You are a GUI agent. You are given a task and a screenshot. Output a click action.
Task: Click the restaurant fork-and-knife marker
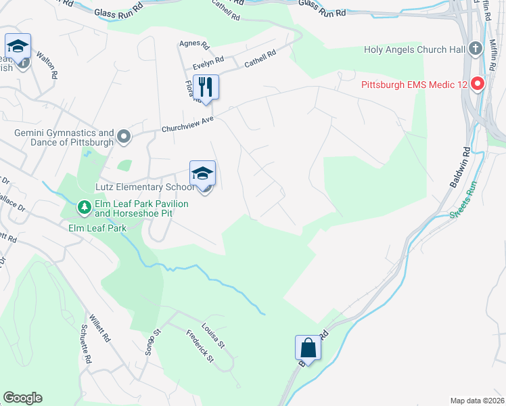(x=206, y=87)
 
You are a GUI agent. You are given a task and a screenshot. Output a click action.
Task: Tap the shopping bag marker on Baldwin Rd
(x=308, y=348)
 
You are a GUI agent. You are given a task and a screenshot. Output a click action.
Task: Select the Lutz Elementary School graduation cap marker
(x=202, y=174)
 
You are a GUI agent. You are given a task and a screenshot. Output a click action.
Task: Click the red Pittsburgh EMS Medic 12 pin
(x=478, y=85)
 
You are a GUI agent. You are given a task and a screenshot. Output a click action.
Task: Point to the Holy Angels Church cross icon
(x=476, y=49)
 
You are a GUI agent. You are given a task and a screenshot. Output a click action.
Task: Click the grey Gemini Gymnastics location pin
(x=124, y=137)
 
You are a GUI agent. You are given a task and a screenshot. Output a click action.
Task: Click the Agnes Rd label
(x=194, y=45)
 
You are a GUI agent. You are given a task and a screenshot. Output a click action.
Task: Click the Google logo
(x=22, y=398)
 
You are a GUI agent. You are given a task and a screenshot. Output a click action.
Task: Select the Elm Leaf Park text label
(x=97, y=228)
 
